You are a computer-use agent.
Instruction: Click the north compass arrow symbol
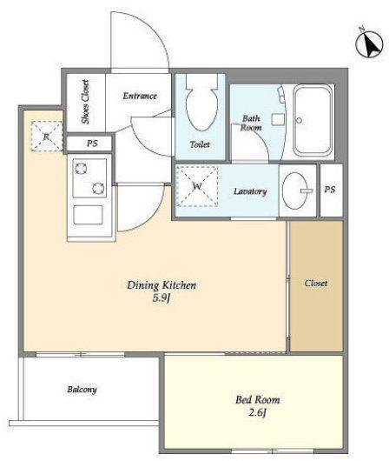(x=369, y=44)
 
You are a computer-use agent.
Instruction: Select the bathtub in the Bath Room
(x=313, y=120)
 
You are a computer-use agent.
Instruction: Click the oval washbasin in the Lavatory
(x=295, y=190)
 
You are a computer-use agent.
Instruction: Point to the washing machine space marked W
(x=197, y=186)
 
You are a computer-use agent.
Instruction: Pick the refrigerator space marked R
(x=47, y=136)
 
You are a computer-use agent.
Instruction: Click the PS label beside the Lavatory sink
(x=330, y=190)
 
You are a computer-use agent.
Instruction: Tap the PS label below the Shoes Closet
(x=92, y=144)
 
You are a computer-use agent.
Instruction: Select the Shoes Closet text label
(x=85, y=102)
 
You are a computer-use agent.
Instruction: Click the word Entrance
(x=140, y=96)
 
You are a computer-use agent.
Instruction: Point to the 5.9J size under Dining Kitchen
(x=162, y=298)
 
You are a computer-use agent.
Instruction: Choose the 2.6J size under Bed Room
(x=258, y=413)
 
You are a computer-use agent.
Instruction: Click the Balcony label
(x=82, y=390)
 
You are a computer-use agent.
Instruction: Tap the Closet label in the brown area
(x=316, y=284)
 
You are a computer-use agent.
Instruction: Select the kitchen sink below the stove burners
(x=88, y=215)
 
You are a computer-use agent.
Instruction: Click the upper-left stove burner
(x=81, y=169)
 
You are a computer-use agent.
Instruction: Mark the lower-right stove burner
(x=98, y=188)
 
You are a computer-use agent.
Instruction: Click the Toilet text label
(x=200, y=144)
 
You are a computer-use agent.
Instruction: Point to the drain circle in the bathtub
(x=300, y=120)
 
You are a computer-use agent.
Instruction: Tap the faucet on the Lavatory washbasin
(x=307, y=190)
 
